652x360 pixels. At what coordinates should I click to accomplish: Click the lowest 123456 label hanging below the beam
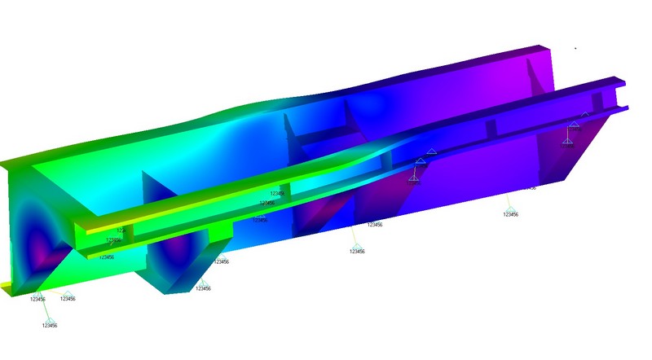coord(50,325)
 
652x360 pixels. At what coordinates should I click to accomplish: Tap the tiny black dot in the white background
coord(575,48)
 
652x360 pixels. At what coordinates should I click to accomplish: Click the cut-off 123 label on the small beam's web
coord(121,230)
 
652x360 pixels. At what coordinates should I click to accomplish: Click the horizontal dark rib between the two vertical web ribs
coord(318,130)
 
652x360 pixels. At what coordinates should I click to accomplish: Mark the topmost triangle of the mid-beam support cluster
coord(432,152)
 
